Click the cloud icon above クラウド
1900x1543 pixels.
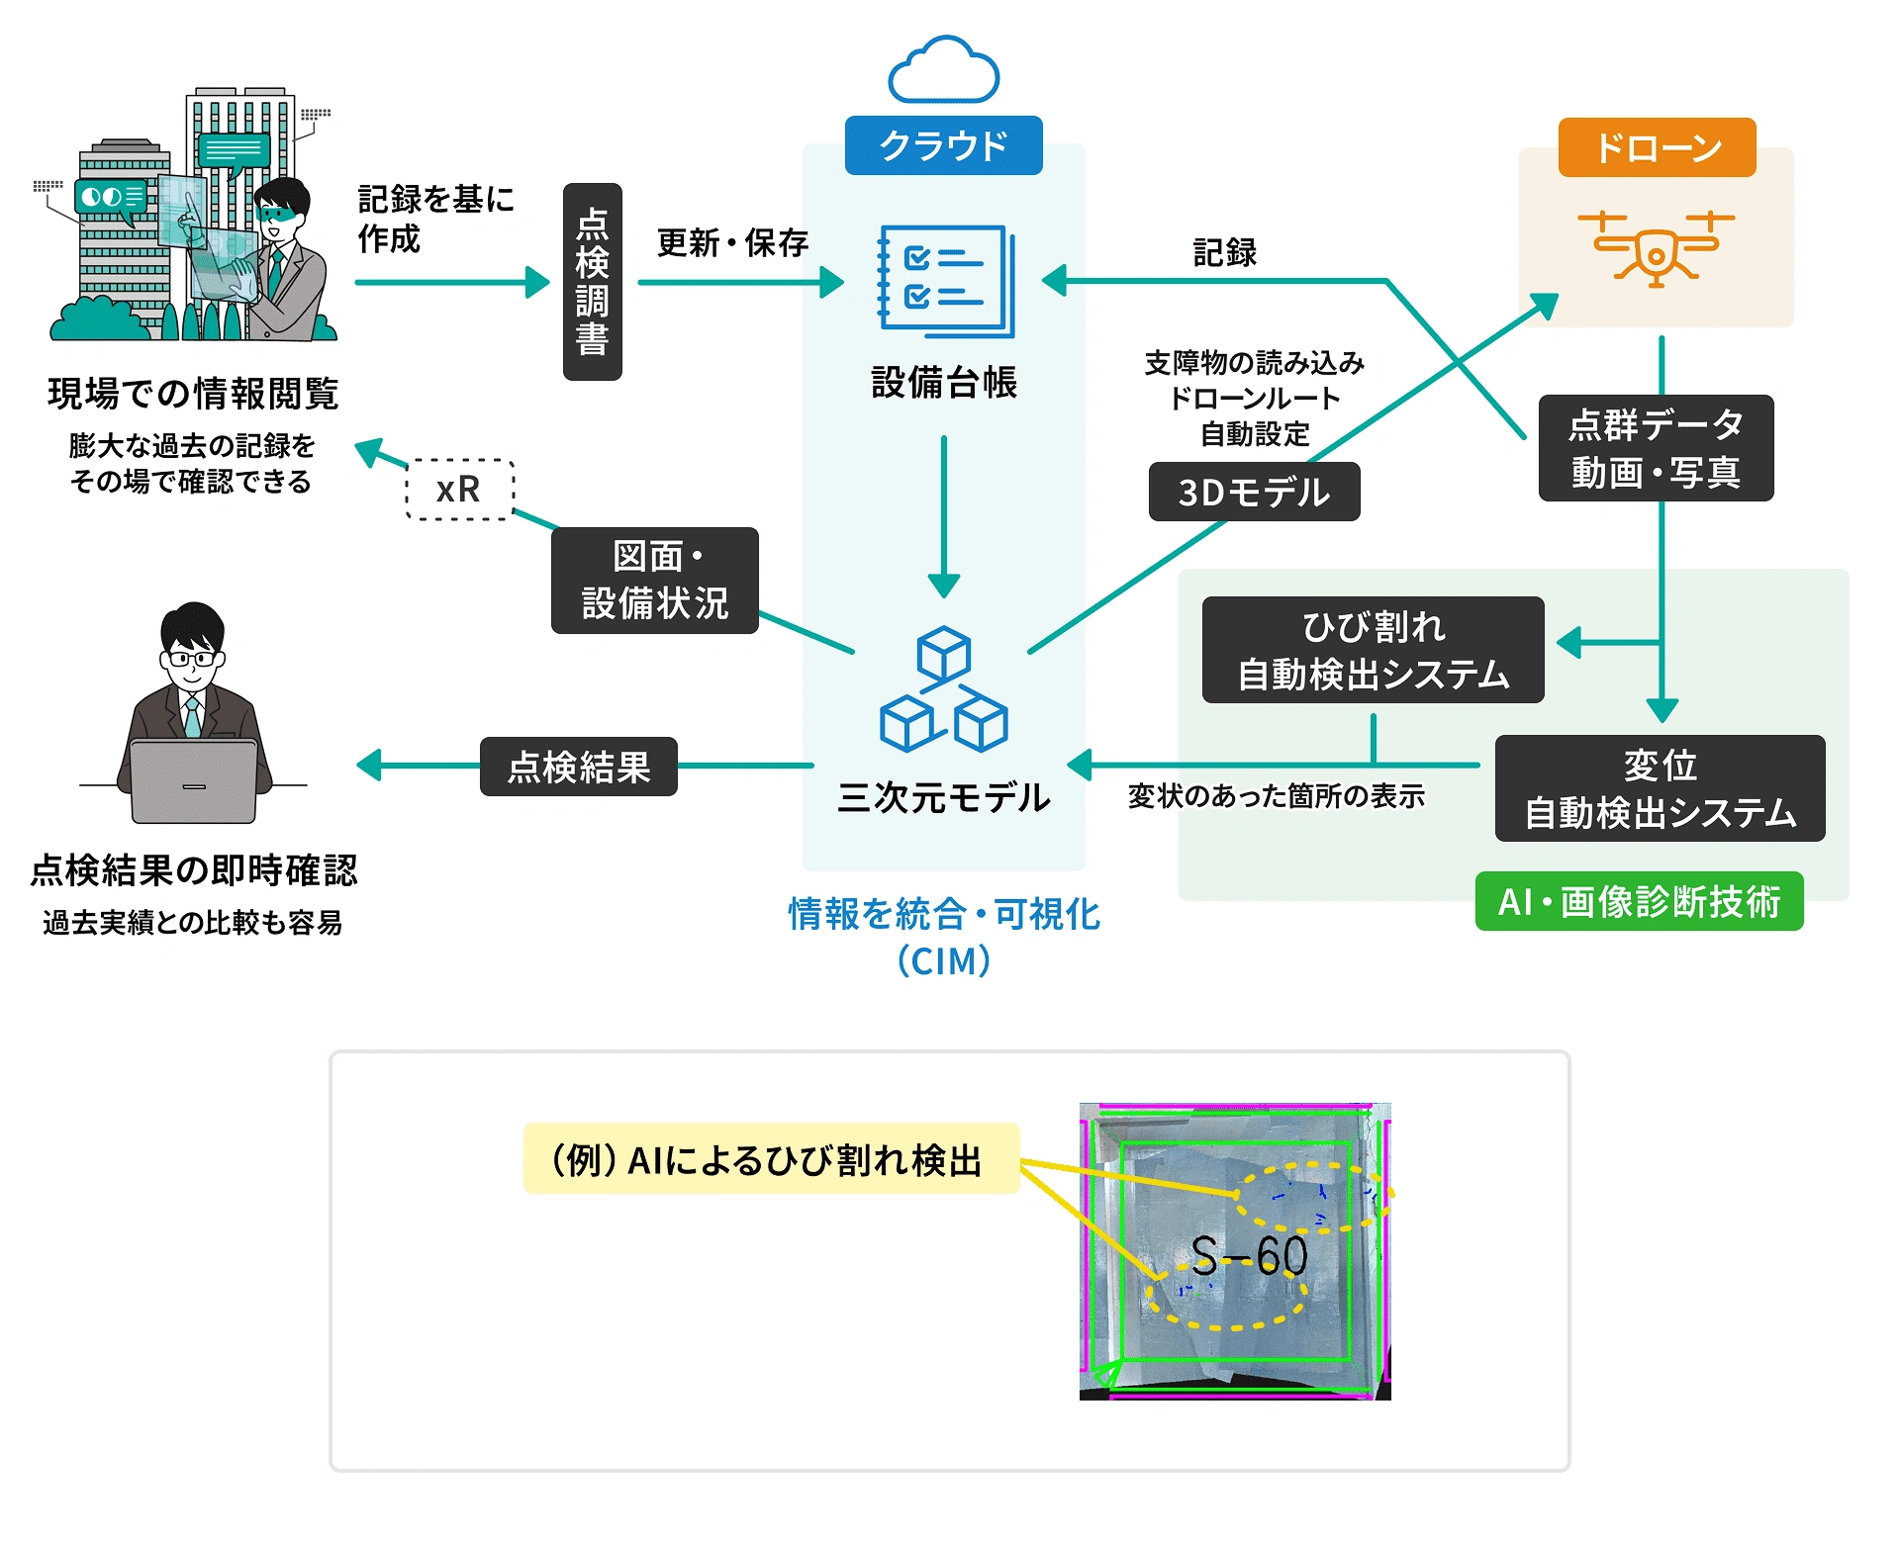point(943,71)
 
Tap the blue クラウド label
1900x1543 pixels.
point(943,145)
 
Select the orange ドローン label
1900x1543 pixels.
point(1657,147)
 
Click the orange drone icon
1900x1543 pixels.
point(1657,248)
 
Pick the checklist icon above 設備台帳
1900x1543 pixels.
point(946,281)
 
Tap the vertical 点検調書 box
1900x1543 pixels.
point(592,282)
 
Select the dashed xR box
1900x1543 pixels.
point(460,489)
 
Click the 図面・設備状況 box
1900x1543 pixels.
point(654,580)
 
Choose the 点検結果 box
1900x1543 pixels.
point(578,767)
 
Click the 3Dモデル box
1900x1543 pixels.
point(1254,492)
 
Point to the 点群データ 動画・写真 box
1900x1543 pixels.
point(1656,448)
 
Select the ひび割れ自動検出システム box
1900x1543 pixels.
point(1373,650)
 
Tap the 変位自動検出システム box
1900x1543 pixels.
point(1660,788)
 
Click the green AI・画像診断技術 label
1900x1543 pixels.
point(1639,901)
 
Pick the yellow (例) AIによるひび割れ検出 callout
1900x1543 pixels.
point(770,1158)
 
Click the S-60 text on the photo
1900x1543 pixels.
point(1249,1256)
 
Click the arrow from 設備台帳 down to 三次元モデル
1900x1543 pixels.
point(944,514)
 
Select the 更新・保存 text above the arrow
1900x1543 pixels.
point(732,242)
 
